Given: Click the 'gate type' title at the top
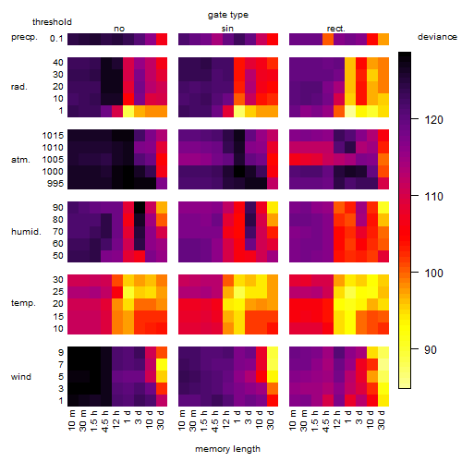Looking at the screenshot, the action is (228, 15).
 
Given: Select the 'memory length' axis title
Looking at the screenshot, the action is (227, 449).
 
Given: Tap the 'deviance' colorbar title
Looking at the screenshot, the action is (437, 37).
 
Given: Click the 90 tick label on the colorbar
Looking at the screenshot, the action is (431, 349).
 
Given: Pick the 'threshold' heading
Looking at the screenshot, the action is (52, 22).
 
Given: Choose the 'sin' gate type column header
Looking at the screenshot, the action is (227, 29).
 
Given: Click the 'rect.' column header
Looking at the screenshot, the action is (335, 29).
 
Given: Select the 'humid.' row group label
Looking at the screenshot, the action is (26, 232).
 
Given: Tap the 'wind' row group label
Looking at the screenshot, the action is (21, 377).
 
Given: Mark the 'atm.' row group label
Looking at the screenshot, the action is (20, 160).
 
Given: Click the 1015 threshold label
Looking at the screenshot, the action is (53, 136).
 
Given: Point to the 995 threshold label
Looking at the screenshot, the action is (55, 184).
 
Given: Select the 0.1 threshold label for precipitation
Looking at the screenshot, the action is (56, 39).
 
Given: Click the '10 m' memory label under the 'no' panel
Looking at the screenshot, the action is (71, 420).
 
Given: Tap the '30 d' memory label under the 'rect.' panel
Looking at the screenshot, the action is (382, 419).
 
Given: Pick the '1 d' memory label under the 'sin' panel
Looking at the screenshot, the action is (237, 417).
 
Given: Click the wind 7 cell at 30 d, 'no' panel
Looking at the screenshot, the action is (162, 364).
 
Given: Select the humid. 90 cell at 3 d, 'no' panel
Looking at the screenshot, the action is (140, 208).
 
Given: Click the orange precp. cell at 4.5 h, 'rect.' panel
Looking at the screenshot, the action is (328, 39).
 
